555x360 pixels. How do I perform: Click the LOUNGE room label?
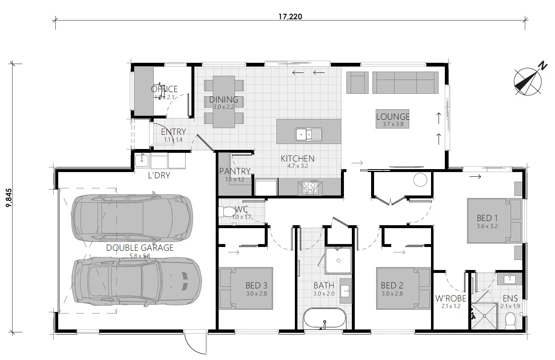(x=392, y=117)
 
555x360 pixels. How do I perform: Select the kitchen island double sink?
(x=308, y=134)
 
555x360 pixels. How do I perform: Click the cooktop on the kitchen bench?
(x=309, y=187)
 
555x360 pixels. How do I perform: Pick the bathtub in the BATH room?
(x=325, y=319)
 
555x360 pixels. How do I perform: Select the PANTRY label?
(x=235, y=171)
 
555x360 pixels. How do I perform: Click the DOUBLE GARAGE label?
(x=139, y=247)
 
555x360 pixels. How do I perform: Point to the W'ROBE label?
(x=450, y=299)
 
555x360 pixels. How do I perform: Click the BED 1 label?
(x=487, y=218)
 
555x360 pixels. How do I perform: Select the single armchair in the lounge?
(x=359, y=82)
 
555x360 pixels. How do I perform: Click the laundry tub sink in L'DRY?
(x=141, y=160)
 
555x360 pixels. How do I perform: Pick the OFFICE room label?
(x=164, y=89)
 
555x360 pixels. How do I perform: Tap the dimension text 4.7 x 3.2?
(x=297, y=166)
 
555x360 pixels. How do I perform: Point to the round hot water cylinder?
(x=420, y=180)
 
